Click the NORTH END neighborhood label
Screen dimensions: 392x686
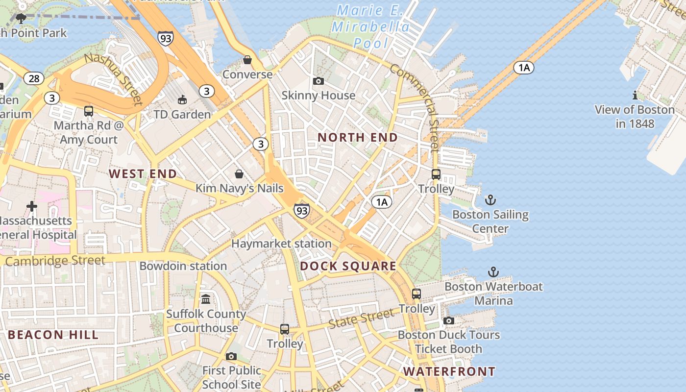point(358,138)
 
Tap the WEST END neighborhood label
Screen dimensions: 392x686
point(143,174)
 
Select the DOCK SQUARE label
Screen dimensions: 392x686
point(348,267)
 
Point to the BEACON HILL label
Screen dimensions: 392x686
point(53,335)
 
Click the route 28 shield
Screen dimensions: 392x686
point(34,78)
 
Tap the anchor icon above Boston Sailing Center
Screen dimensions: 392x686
point(490,200)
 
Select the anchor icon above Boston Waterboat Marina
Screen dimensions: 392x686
point(493,272)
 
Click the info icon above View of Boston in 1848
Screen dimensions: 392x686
point(635,95)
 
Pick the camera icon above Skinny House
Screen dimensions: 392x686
point(318,81)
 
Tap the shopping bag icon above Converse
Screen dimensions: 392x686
point(247,60)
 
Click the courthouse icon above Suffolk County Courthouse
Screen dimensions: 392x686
point(206,299)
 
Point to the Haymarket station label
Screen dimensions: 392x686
point(281,244)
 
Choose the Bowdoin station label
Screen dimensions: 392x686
point(183,266)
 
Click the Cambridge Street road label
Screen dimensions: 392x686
point(55,261)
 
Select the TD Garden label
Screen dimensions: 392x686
point(182,115)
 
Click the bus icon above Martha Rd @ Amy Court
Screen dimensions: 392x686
point(89,111)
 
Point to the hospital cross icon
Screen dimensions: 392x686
point(32,206)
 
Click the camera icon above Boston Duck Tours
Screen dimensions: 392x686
point(448,321)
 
